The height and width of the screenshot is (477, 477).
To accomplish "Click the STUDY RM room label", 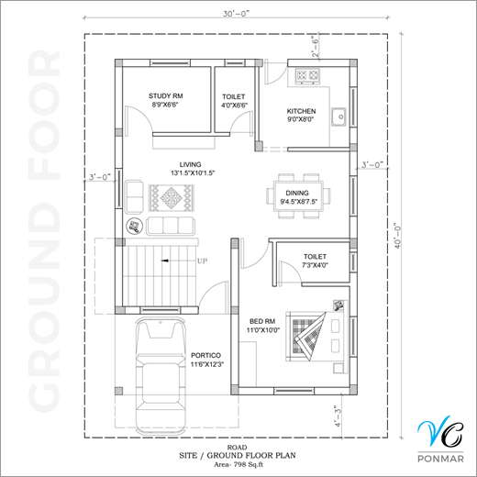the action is [x=166, y=96].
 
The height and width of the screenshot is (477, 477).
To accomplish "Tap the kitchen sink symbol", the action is [x=338, y=116].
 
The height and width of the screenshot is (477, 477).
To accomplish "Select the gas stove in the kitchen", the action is [x=307, y=75].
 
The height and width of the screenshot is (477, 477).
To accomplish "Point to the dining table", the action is [x=298, y=196].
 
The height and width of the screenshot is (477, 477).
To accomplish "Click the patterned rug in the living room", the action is [x=172, y=197].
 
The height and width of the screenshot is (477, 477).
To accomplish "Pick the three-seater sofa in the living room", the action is [x=171, y=226].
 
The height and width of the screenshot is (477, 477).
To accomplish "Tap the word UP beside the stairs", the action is [x=202, y=261].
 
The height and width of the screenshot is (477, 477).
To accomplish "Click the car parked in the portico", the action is [x=161, y=376].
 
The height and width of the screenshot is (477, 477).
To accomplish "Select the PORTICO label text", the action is [x=205, y=355].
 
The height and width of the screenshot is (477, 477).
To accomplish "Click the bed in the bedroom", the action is [x=316, y=337].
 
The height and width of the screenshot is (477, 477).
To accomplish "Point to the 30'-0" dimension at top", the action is [x=236, y=14].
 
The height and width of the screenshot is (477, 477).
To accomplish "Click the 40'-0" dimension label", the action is [x=397, y=237].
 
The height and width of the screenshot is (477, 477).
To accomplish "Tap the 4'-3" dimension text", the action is [x=338, y=416].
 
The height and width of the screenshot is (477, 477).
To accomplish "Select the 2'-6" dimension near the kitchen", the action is [x=315, y=47].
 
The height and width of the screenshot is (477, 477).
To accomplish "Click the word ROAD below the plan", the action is [x=237, y=448].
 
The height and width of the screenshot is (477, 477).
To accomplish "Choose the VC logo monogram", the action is [x=440, y=431].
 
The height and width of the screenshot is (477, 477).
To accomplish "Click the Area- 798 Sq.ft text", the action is [x=238, y=465].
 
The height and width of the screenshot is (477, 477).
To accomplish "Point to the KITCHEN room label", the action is [x=301, y=111].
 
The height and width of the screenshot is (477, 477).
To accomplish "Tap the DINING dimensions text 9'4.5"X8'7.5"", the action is [x=299, y=202].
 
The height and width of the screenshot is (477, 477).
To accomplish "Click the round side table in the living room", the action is [x=135, y=227].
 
